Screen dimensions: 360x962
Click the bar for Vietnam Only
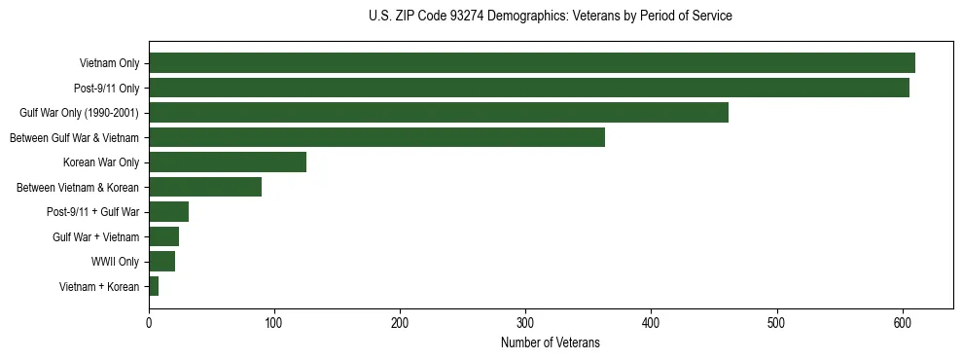[x=532, y=63]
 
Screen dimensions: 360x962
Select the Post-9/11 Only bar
[x=529, y=88]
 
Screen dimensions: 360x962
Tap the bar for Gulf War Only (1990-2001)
[x=439, y=113]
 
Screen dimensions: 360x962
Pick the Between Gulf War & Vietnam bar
[x=377, y=137]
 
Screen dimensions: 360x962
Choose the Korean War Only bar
[x=228, y=162]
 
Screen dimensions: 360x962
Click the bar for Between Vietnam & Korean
[x=205, y=187]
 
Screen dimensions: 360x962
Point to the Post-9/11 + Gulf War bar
[x=169, y=212]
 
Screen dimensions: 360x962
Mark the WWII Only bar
[x=162, y=261]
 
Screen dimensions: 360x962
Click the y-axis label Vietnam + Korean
[x=99, y=286]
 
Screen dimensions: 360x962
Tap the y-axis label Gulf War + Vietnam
[x=96, y=236]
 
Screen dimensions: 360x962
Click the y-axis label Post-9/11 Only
[x=106, y=89]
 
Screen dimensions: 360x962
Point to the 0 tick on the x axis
[x=149, y=321]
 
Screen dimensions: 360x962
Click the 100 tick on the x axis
[x=274, y=321]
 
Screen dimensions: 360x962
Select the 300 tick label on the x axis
[x=525, y=321]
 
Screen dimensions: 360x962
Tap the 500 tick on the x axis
[x=777, y=321]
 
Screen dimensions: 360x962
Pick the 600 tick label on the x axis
[x=903, y=321]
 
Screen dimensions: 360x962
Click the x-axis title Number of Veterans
[x=551, y=342]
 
